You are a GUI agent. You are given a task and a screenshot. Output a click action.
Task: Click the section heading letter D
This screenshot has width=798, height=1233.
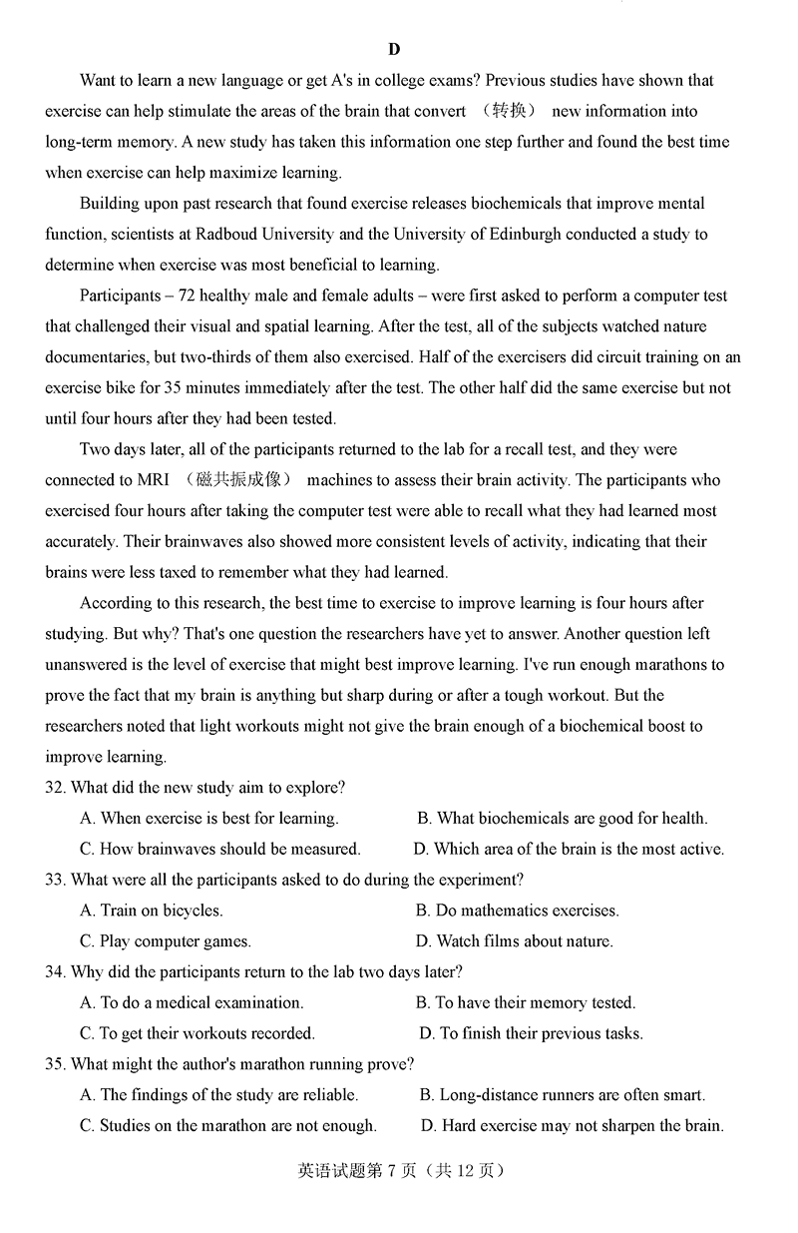click(394, 49)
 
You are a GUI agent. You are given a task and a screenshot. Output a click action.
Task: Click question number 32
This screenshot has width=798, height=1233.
click(55, 788)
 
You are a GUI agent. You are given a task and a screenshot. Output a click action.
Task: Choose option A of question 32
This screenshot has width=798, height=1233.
click(209, 819)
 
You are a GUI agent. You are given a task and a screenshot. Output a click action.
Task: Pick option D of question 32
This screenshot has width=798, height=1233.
click(569, 850)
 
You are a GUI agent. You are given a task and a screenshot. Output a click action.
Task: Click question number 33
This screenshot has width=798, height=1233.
click(55, 881)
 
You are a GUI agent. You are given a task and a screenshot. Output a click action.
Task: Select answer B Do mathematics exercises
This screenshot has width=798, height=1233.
click(517, 911)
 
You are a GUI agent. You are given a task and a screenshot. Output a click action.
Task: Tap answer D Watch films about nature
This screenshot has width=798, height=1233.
click(514, 941)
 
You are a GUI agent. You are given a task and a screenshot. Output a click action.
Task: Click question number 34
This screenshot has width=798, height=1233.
click(55, 972)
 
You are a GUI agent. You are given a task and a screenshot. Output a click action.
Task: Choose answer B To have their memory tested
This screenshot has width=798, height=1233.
click(526, 1003)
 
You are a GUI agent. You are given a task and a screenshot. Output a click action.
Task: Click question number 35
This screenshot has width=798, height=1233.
click(55, 1064)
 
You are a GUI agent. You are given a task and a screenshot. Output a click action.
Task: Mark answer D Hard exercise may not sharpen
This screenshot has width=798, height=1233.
click(572, 1126)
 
